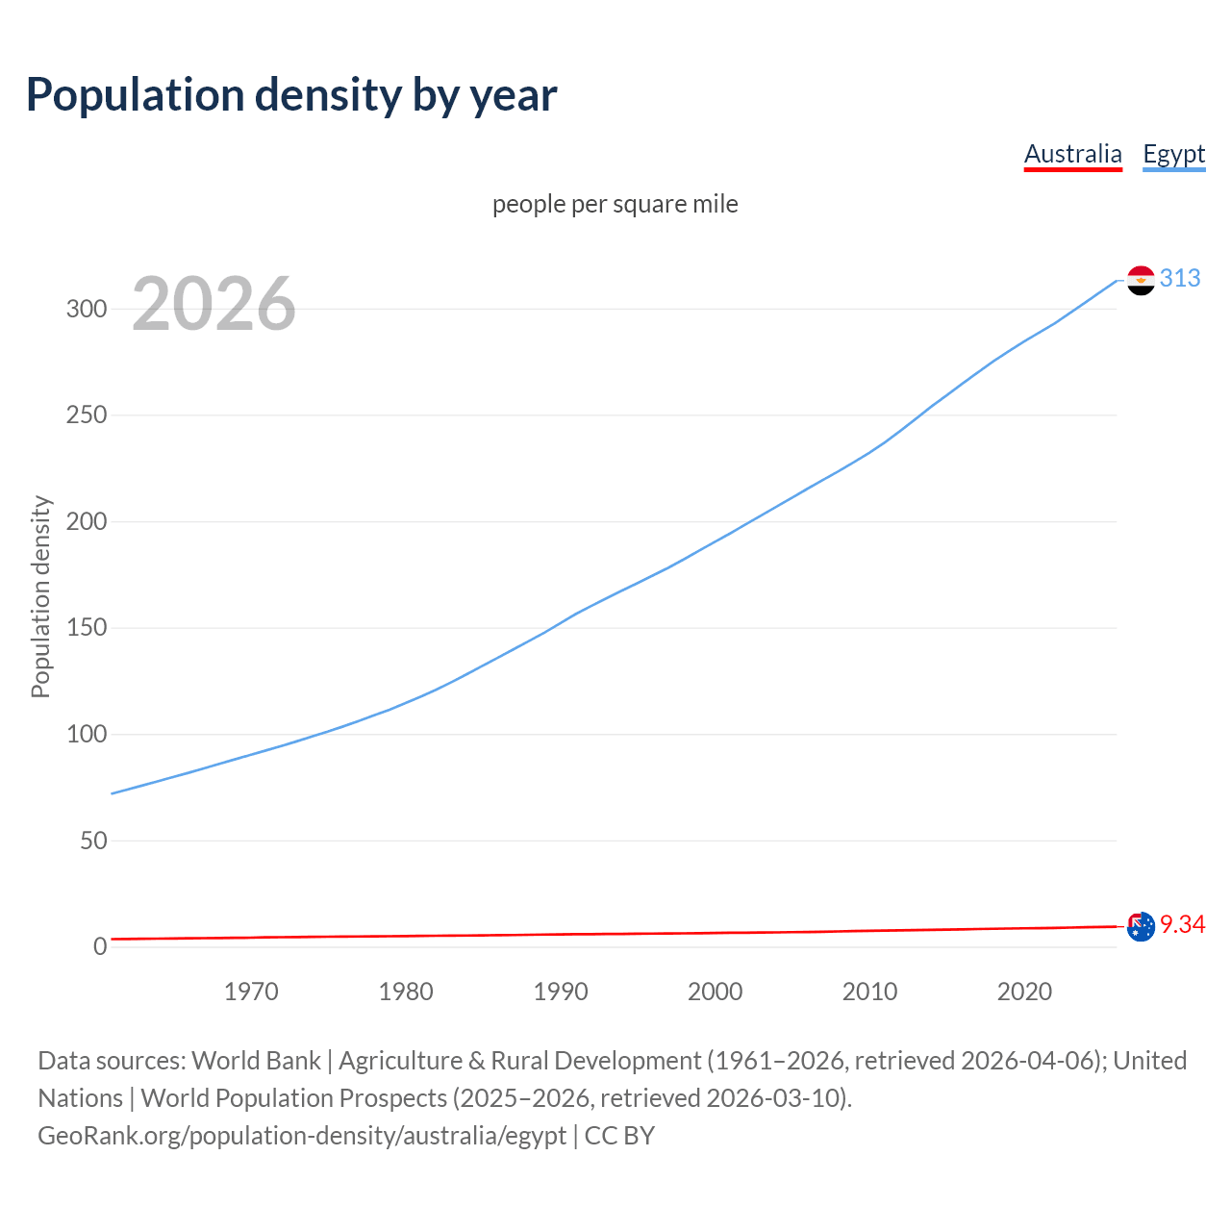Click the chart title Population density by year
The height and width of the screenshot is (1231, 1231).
tap(291, 95)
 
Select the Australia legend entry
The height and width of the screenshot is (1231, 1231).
tap(1072, 154)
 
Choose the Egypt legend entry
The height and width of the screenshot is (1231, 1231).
tap(1173, 154)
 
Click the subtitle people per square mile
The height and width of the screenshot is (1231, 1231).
tap(615, 205)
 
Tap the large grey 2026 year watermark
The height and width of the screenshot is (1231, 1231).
tap(214, 304)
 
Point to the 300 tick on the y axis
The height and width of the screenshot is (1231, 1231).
tap(87, 309)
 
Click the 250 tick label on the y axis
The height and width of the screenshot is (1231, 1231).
tap(87, 415)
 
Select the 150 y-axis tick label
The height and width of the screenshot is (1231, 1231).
tap(87, 628)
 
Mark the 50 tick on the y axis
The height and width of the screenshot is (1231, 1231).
tap(93, 841)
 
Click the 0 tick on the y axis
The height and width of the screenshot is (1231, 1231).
tap(100, 947)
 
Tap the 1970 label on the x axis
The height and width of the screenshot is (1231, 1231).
tap(251, 992)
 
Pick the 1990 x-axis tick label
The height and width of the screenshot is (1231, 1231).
tap(561, 992)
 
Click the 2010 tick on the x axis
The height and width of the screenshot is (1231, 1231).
tap(869, 992)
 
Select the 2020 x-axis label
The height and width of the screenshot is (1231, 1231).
tap(1024, 992)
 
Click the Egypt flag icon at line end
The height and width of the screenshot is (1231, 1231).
tap(1141, 280)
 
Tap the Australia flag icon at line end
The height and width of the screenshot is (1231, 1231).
tap(1141, 927)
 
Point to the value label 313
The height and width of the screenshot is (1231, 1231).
tap(1180, 278)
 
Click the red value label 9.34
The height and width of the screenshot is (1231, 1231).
tap(1182, 924)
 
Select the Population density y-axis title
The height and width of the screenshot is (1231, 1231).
tap(40, 596)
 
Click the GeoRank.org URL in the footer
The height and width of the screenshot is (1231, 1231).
tap(302, 1136)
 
